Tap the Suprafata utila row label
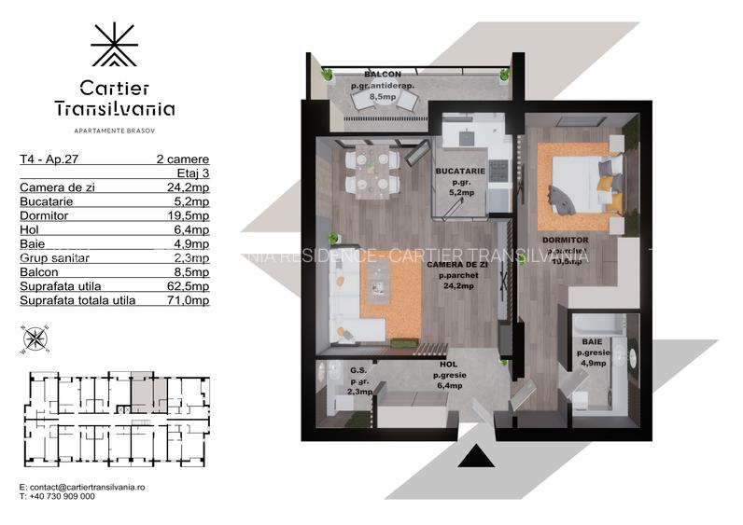click(60, 286)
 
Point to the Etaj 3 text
click(192, 173)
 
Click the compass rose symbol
click(35, 338)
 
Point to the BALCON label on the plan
click(383, 75)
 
